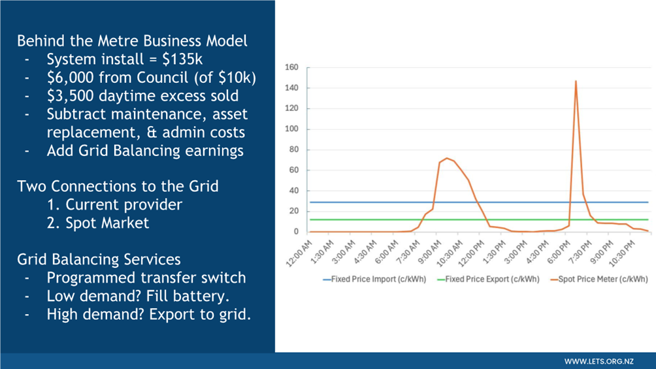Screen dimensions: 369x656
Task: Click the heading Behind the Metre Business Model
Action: pos(132,40)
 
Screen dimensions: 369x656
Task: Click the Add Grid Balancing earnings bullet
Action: pos(144,150)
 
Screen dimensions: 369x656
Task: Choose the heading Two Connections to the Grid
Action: pos(118,186)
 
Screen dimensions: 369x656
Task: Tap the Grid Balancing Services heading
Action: pos(99,259)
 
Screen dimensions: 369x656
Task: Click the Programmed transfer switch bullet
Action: pos(146,278)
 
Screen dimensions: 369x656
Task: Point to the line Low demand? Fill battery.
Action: pos(138,296)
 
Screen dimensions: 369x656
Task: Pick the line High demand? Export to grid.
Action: pos(148,314)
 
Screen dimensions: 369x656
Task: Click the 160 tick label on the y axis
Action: pos(291,67)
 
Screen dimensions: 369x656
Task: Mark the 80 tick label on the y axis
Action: pos(293,150)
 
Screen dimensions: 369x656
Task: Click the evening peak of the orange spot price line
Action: pos(576,82)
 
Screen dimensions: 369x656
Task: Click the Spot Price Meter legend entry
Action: pos(599,280)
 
